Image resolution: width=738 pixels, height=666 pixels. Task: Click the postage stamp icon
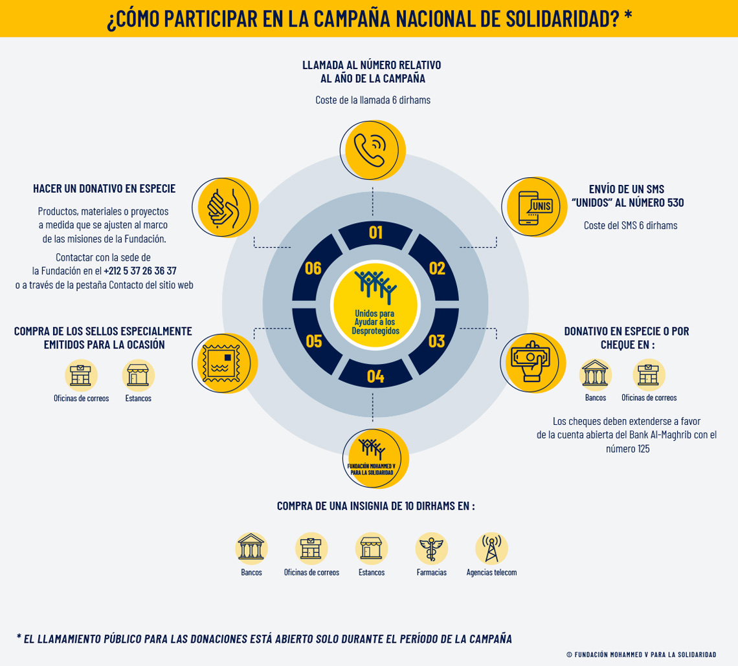[x=221, y=363]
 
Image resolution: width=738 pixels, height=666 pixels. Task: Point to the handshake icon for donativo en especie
[x=223, y=208]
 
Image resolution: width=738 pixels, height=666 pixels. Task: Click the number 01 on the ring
[x=375, y=232]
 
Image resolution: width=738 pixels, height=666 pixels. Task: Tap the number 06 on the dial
[x=313, y=268]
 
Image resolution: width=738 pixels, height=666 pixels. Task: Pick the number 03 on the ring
[x=437, y=341]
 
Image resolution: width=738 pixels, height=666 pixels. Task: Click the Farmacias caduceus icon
[x=431, y=548]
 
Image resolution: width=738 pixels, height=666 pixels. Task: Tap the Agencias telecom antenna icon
[x=491, y=548]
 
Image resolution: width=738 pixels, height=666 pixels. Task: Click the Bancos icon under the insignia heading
[x=251, y=548]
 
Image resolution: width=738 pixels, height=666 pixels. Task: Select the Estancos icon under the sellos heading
[x=138, y=375]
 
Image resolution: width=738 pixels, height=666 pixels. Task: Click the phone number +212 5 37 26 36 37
[x=140, y=271]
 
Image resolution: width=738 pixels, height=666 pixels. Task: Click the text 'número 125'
[x=627, y=449]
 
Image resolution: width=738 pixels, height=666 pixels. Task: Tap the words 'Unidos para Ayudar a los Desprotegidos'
[x=375, y=322]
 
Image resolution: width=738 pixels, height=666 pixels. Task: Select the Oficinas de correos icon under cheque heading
[x=649, y=374]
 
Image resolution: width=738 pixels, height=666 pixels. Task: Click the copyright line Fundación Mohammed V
[x=641, y=654]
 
